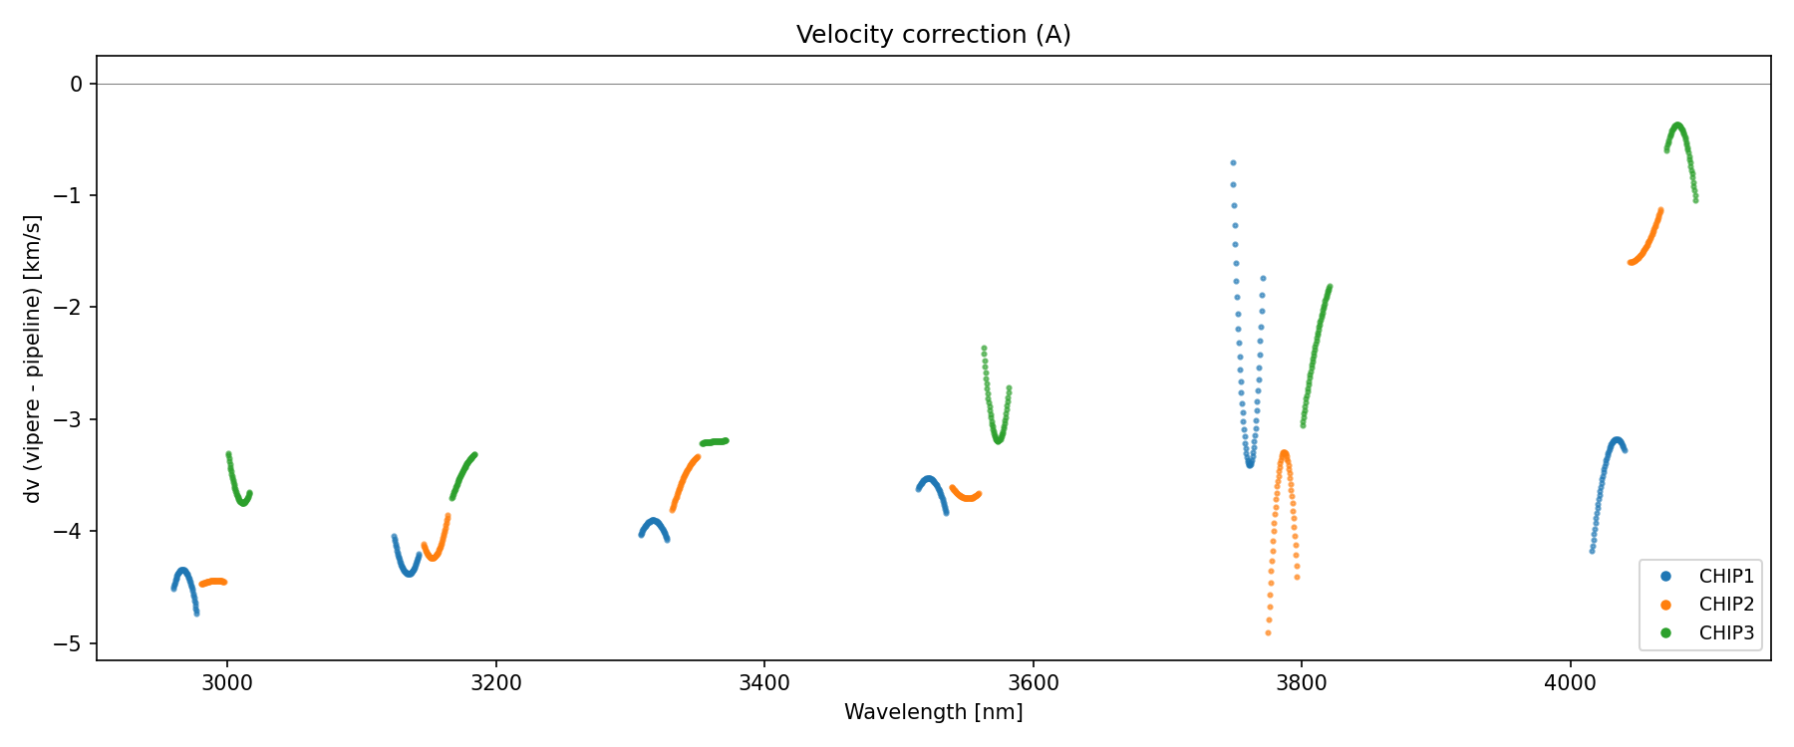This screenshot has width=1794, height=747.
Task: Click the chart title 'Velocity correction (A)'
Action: (933, 35)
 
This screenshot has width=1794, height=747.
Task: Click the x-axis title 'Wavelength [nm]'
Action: (933, 712)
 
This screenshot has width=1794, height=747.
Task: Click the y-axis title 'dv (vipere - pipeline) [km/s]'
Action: (33, 359)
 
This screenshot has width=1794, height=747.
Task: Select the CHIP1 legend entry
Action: (1726, 577)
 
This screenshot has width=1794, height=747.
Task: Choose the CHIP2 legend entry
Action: (1726, 605)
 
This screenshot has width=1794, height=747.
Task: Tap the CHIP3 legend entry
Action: (1726, 632)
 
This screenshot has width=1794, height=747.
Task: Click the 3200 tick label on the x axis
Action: (495, 683)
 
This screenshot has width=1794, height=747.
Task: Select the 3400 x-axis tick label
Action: (764, 683)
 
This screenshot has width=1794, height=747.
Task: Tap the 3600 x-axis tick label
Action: (1033, 683)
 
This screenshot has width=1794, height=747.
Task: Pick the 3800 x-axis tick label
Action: (1302, 683)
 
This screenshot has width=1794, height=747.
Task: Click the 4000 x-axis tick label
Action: (1570, 683)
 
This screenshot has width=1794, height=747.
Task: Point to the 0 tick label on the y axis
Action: (77, 85)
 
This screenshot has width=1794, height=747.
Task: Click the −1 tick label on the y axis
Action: (70, 196)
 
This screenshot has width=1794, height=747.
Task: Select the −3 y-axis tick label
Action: (70, 419)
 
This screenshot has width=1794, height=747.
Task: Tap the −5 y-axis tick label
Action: (70, 643)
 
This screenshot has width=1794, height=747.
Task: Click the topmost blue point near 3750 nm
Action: (1233, 162)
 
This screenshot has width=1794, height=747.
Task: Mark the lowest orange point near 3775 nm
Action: (1268, 632)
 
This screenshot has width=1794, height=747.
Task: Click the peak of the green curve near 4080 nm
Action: (1677, 125)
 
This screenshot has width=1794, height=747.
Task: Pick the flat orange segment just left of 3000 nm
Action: (213, 582)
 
